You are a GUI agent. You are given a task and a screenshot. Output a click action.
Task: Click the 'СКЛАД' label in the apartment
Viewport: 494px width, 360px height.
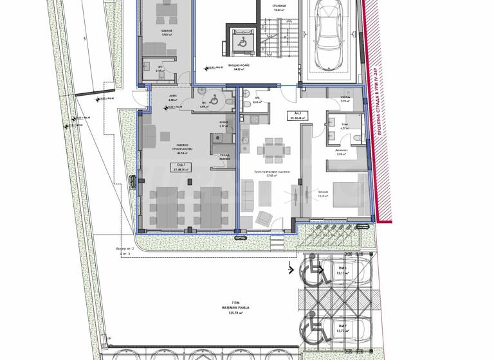(344, 100)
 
